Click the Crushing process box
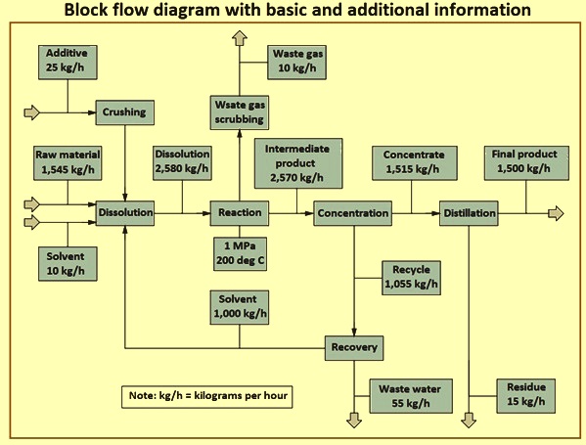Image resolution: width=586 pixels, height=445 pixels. (x=125, y=112)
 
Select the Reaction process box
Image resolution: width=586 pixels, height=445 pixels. (x=239, y=213)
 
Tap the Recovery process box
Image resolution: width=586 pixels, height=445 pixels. (x=354, y=348)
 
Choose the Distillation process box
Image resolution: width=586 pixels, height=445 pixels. (x=469, y=213)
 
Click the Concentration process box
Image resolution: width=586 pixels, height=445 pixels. (x=353, y=213)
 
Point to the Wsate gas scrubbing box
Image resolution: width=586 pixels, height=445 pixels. (x=239, y=112)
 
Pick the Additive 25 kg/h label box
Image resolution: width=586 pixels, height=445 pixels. (x=68, y=63)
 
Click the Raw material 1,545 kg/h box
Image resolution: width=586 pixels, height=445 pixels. (x=68, y=163)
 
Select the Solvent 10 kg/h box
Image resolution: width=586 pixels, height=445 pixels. (x=68, y=264)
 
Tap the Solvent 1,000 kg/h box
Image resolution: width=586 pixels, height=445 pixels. (x=239, y=307)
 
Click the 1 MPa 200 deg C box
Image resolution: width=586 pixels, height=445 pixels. (x=240, y=253)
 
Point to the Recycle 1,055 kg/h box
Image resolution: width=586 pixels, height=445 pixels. (x=411, y=278)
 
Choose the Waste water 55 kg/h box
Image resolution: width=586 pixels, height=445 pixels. (x=411, y=396)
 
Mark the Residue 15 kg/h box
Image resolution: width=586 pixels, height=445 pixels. (x=525, y=396)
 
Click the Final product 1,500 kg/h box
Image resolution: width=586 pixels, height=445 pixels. (x=526, y=163)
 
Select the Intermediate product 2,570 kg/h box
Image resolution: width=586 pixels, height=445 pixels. (x=298, y=163)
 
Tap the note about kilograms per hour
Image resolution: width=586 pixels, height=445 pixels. (x=207, y=397)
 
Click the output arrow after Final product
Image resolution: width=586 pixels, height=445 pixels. (x=556, y=213)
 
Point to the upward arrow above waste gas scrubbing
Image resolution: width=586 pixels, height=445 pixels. (x=239, y=38)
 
